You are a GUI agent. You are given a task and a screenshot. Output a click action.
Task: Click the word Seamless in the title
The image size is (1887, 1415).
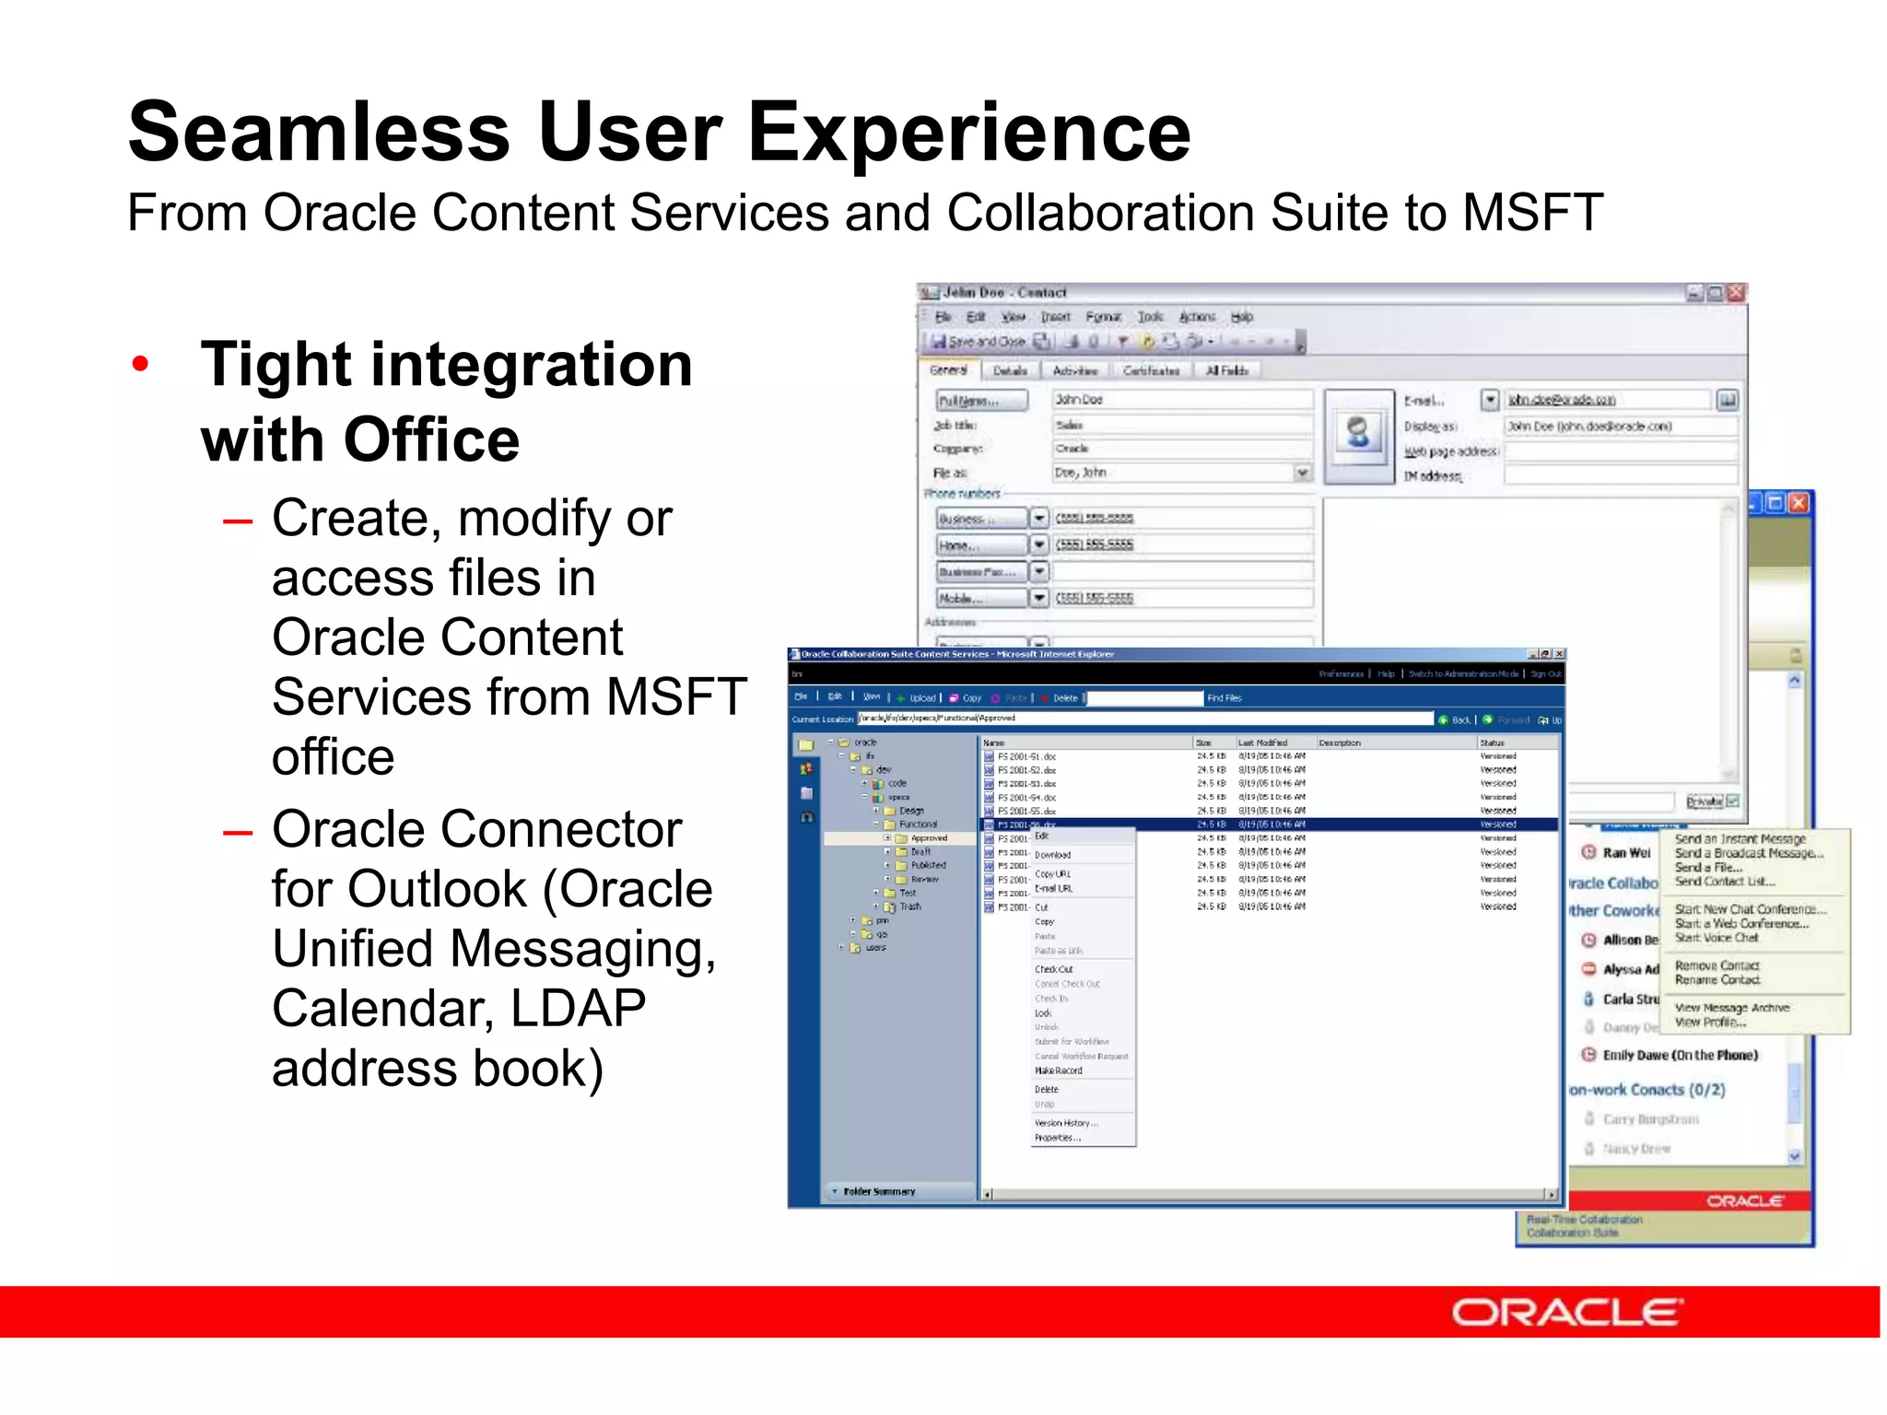click(318, 133)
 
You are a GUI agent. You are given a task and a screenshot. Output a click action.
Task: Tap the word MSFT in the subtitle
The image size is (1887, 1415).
click(1532, 214)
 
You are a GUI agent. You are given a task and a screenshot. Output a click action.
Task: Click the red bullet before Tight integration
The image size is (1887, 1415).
click(140, 364)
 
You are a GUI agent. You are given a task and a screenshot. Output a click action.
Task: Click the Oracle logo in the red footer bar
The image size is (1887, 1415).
click(1566, 1312)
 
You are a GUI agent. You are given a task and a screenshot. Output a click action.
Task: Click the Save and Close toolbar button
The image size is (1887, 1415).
click(978, 341)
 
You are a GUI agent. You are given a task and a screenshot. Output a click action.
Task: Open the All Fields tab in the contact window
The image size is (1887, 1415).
click(1226, 370)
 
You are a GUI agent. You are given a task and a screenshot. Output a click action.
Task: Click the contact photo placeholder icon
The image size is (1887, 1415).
click(1358, 432)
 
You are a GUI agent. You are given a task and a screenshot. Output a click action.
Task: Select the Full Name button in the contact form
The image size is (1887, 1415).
click(980, 401)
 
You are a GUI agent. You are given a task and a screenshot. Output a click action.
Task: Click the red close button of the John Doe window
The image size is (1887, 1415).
click(1736, 293)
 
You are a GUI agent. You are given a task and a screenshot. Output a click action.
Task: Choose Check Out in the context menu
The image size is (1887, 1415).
click(1053, 969)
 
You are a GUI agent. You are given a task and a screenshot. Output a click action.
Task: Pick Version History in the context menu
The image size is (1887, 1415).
click(1065, 1123)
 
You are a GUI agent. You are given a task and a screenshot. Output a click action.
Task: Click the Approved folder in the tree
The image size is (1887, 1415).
click(928, 838)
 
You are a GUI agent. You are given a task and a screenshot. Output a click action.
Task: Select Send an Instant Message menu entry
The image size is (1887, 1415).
click(1740, 839)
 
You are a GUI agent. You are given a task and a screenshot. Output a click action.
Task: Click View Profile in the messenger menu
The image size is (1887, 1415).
click(1710, 1023)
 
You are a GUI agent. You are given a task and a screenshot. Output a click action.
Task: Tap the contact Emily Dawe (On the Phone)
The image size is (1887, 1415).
click(1680, 1056)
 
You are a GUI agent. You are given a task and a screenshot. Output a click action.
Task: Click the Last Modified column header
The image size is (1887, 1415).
click(1262, 743)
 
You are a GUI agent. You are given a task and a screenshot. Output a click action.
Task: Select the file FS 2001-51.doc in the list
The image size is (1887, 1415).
click(1026, 756)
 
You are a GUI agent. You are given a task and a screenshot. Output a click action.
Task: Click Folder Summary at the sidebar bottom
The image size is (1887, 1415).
click(879, 1191)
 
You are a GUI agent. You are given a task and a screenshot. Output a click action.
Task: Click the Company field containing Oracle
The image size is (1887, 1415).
click(1181, 449)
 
